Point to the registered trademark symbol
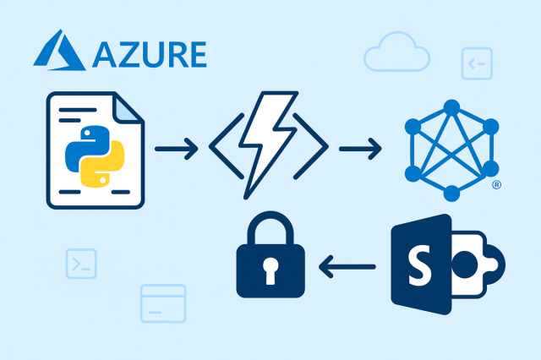(496, 185)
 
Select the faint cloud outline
(395, 54)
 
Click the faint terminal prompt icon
(81, 264)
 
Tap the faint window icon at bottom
(162, 303)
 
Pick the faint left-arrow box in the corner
(476, 63)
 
